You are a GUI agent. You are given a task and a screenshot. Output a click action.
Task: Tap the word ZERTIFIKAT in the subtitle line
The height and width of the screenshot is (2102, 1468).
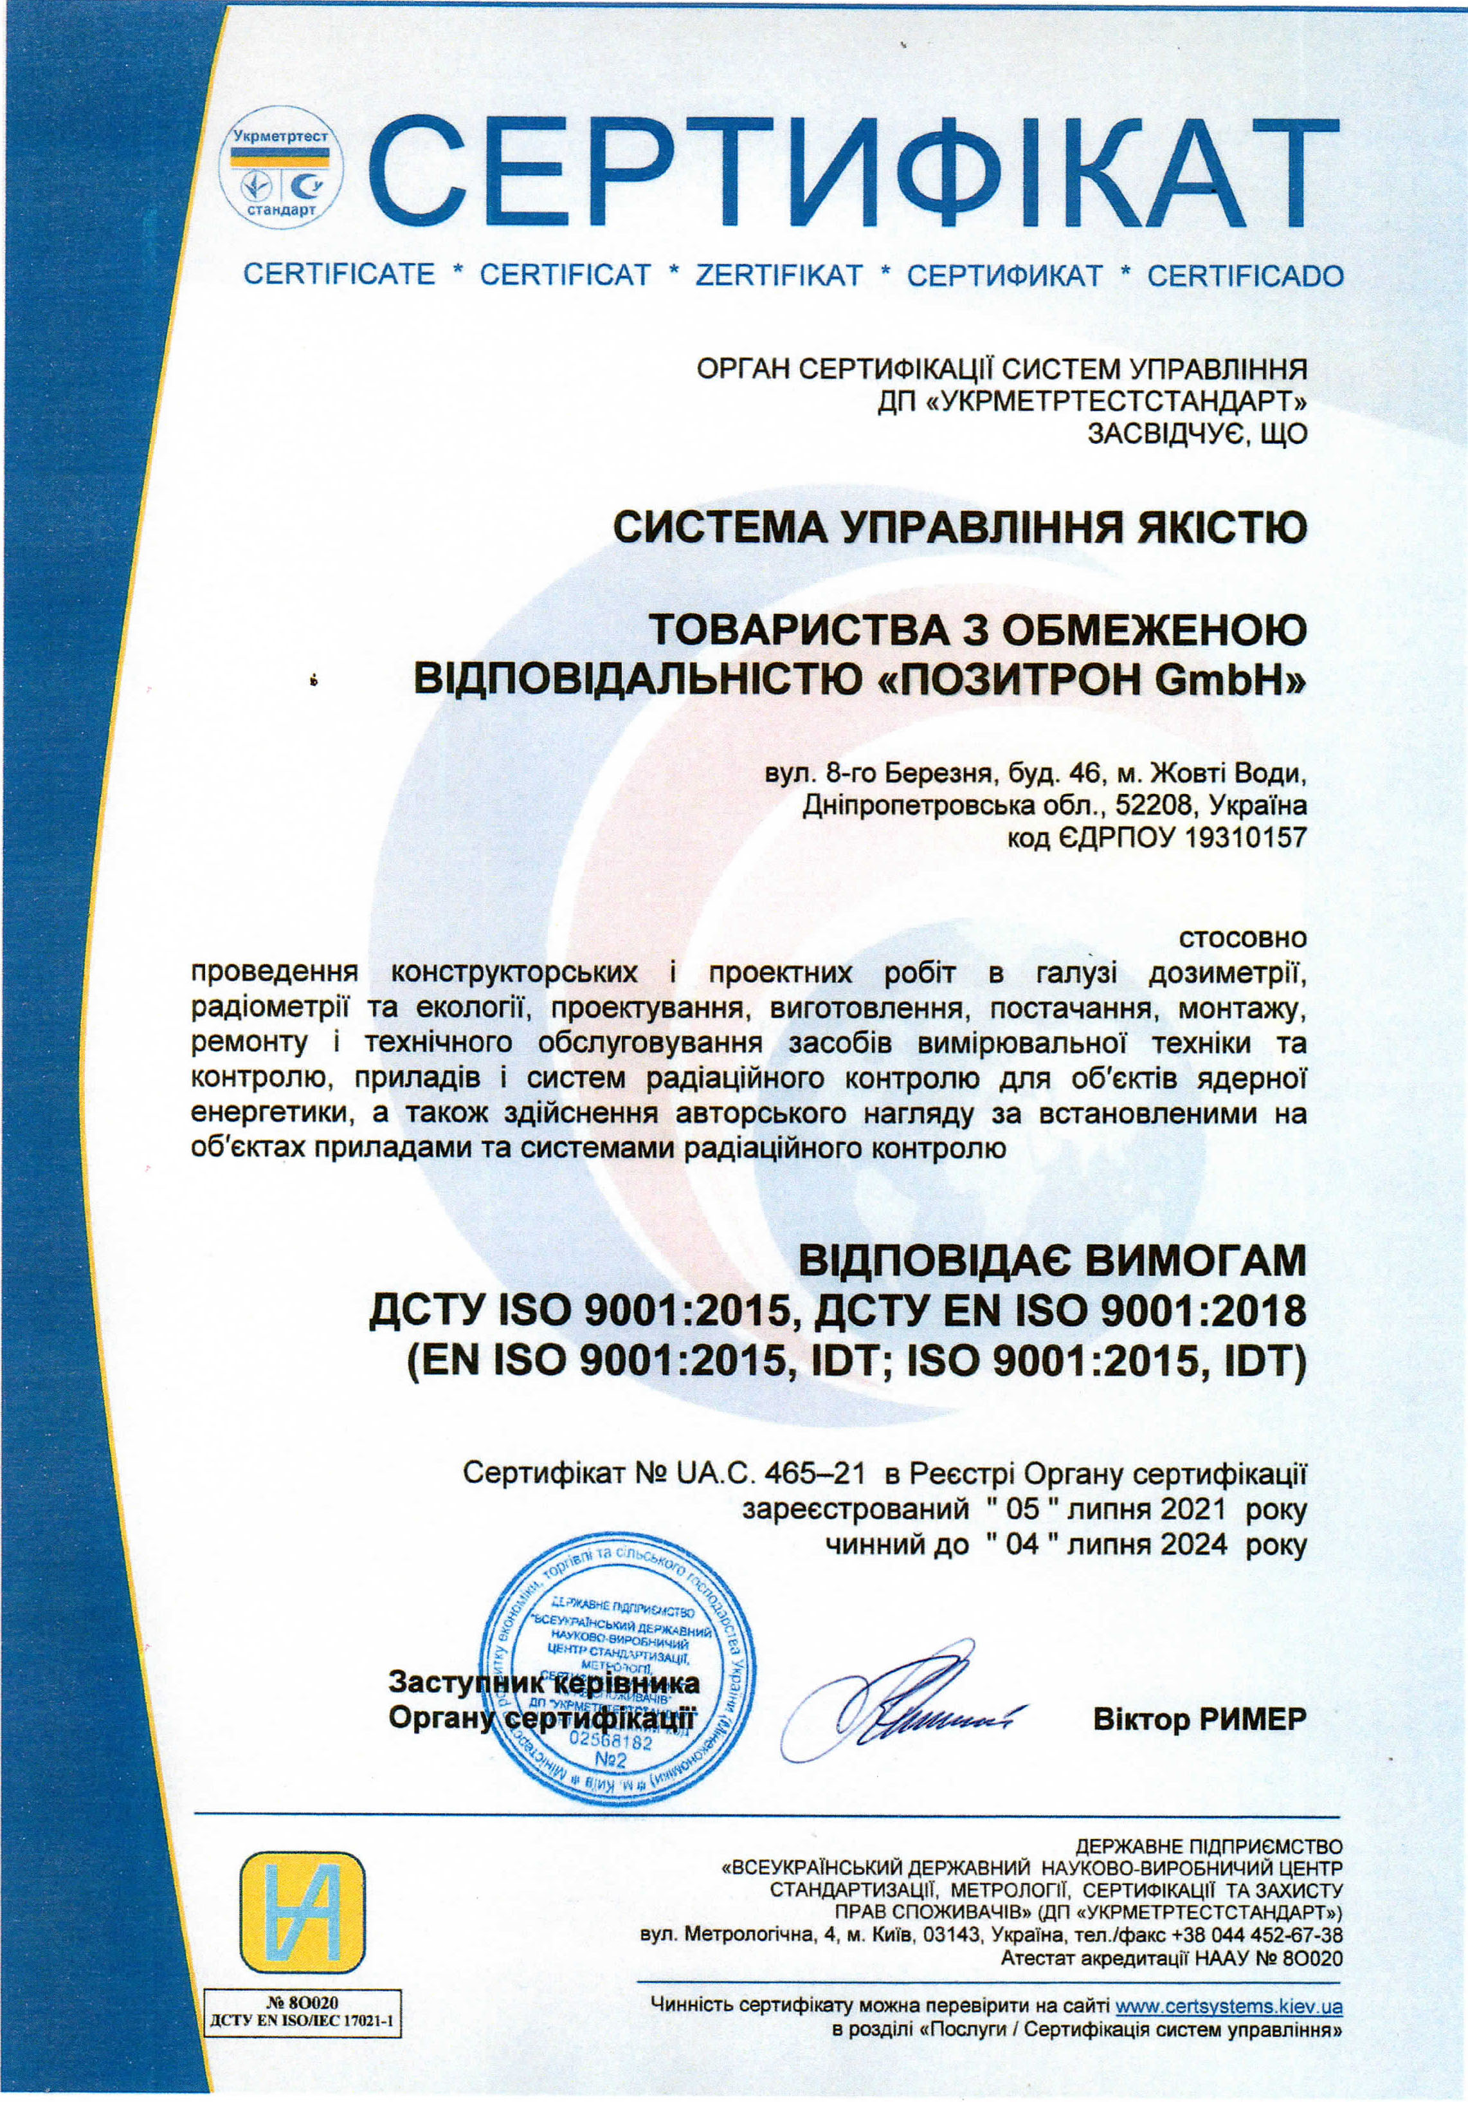[x=779, y=275]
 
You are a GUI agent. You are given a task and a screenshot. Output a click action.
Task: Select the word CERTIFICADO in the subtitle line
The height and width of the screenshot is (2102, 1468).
[x=1245, y=275]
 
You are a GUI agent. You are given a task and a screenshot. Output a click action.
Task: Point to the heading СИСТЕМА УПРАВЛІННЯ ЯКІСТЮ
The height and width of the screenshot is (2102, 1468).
[x=959, y=528]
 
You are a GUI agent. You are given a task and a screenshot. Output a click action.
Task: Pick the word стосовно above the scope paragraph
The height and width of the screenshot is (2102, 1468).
[x=1243, y=937]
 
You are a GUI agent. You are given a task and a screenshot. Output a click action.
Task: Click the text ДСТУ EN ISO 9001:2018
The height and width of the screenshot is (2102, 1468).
[x=1060, y=1312]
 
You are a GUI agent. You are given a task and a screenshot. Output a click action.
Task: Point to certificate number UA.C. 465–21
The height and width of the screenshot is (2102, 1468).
[x=770, y=1472]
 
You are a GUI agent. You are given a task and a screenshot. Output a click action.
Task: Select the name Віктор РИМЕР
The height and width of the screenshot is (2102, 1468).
[x=1199, y=1719]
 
